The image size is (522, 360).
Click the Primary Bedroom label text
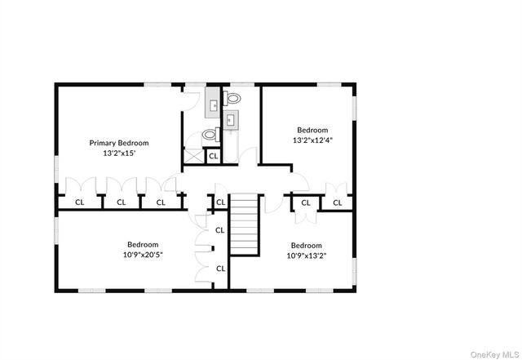[x=119, y=143]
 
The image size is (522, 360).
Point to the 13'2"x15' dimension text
[x=119, y=153]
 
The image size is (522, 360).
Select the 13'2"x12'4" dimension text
[x=312, y=140]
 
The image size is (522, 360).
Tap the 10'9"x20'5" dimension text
[x=143, y=256]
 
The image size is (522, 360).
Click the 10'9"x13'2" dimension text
[x=307, y=256]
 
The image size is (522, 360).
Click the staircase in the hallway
[x=245, y=224]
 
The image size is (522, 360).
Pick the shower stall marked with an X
[x=194, y=156]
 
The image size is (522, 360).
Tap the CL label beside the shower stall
[x=214, y=156]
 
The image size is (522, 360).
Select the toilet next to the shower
[x=210, y=135]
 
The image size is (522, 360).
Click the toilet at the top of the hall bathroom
[x=232, y=98]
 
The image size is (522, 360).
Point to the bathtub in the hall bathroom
[x=230, y=147]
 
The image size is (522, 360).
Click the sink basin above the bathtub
[x=230, y=119]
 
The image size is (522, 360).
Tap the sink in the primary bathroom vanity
[x=213, y=106]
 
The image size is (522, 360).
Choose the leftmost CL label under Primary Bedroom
[x=80, y=202]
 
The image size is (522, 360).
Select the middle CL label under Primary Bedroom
[x=122, y=202]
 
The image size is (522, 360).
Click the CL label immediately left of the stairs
[x=221, y=202]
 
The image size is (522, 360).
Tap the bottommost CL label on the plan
[x=221, y=269]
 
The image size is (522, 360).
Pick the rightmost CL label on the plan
[x=338, y=202]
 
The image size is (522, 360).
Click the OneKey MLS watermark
[x=495, y=354]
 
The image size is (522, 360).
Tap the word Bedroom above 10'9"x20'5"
[x=143, y=245]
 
